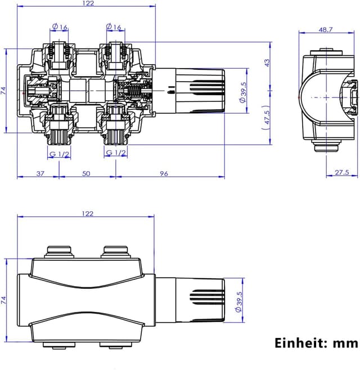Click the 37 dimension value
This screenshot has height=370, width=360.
40,173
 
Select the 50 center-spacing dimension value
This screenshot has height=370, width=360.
86,173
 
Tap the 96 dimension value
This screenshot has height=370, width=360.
164,173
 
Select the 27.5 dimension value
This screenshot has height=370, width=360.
342,173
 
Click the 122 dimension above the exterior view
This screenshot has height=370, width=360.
87,213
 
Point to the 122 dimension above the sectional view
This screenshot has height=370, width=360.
87,3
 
